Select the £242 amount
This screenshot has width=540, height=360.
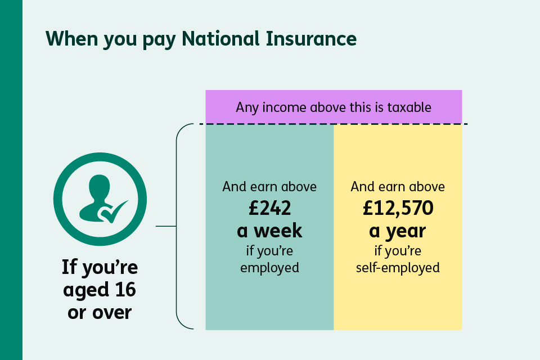point(269,209)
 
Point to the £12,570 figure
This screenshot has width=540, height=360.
point(398,209)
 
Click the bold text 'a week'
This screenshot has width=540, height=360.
point(269,230)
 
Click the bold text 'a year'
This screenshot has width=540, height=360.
point(398,230)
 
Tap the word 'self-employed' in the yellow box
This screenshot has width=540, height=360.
point(398,267)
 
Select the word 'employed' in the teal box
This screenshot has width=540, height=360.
point(269,267)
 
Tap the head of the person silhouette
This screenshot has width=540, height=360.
point(100,186)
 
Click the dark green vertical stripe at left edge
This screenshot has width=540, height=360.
point(11,180)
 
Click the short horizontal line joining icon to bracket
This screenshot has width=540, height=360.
point(165,227)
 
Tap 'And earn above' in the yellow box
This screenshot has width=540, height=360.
point(398,187)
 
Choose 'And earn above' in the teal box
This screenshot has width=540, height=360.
point(269,187)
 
